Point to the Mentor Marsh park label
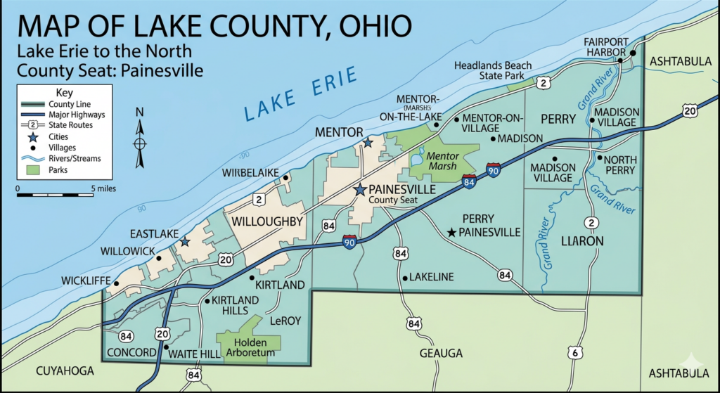click(x=444, y=161)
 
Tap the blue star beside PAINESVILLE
click(x=360, y=190)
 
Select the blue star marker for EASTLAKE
click(x=185, y=241)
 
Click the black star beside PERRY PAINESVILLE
click(x=451, y=232)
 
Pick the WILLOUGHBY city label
click(x=266, y=222)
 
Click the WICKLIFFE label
click(x=85, y=281)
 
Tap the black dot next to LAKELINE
click(x=405, y=278)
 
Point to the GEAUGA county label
click(x=441, y=352)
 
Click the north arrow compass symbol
click(x=140, y=143)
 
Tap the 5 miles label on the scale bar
click(x=103, y=188)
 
